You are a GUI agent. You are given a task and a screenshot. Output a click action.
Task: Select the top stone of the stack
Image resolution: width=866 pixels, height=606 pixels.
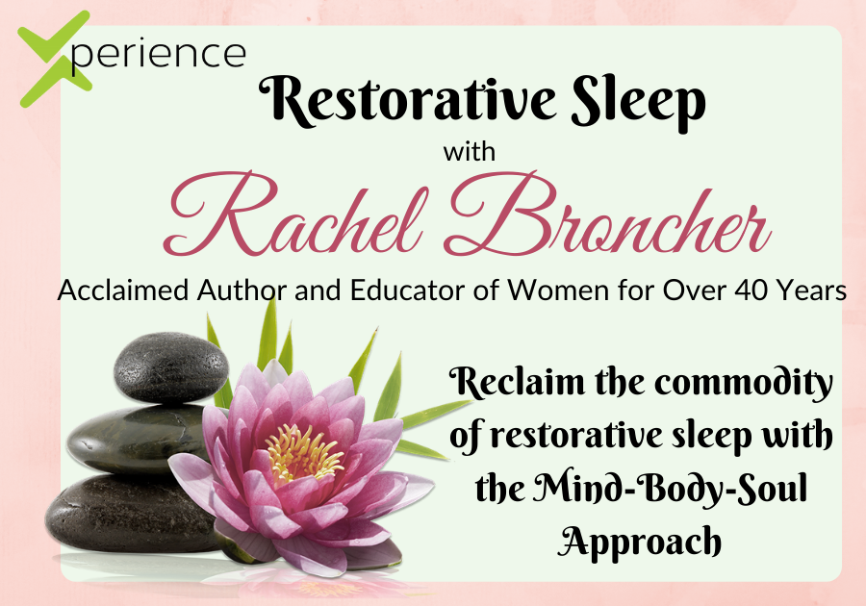[x=171, y=367]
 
